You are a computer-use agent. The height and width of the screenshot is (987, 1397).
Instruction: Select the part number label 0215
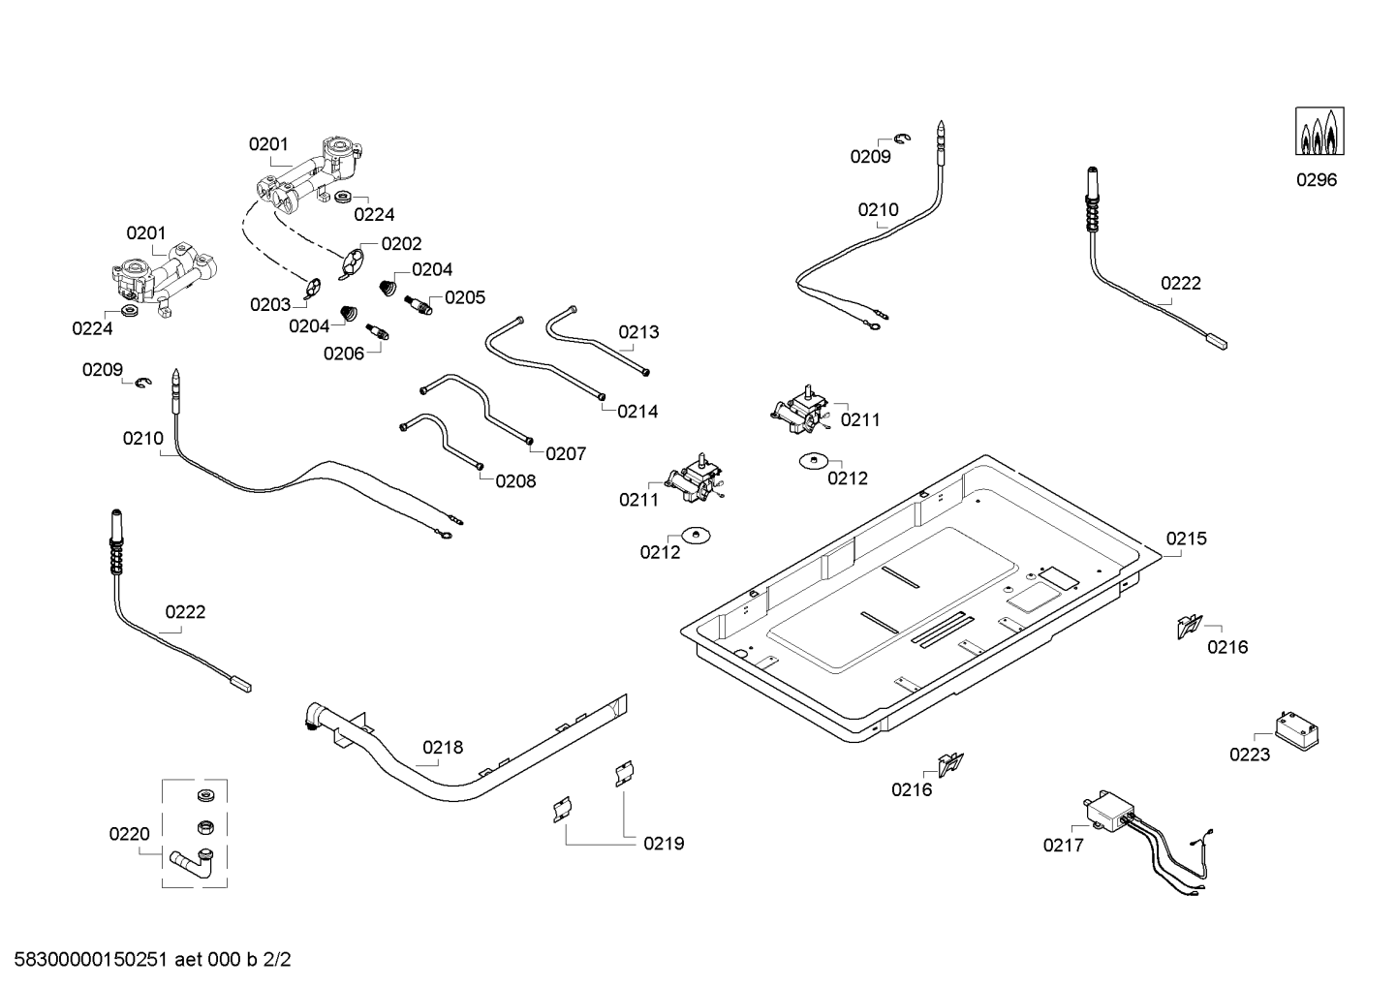pos(1186,539)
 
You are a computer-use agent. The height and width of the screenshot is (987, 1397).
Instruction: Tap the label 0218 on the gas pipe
pos(443,747)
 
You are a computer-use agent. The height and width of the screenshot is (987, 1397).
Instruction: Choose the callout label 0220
pos(129,833)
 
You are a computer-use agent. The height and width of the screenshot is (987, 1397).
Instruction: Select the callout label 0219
pos(664,844)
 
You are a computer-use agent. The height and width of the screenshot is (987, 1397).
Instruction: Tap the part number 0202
pos(401,244)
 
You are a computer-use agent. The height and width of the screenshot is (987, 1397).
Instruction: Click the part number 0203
pos(269,305)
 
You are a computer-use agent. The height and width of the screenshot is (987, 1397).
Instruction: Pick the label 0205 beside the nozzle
pos(465,297)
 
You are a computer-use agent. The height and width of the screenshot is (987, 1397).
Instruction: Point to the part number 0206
pos(344,354)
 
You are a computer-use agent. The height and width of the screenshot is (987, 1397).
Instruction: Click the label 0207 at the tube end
pos(566,453)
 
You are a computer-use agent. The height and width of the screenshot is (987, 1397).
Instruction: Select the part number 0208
pos(515,480)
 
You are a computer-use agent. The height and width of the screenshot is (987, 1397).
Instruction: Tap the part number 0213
pos(638,332)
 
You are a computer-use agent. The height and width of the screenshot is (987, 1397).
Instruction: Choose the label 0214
pos(637,411)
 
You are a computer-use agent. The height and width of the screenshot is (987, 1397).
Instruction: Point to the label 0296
pos(1316,179)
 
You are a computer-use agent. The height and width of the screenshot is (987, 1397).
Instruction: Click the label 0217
pos(1063,846)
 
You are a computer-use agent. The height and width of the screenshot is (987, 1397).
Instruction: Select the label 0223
pos(1249,755)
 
